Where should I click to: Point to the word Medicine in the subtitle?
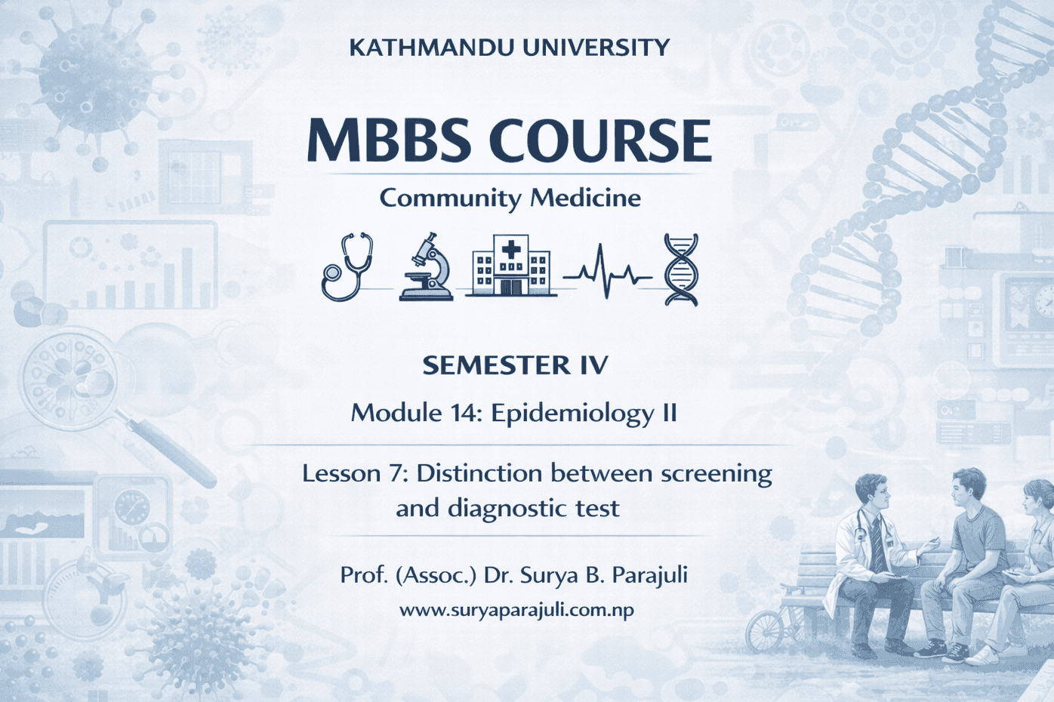tap(585, 198)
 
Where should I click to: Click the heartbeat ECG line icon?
tap(608, 271)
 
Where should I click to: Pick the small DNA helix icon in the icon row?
tap(680, 269)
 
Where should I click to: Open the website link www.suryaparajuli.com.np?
tap(516, 611)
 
